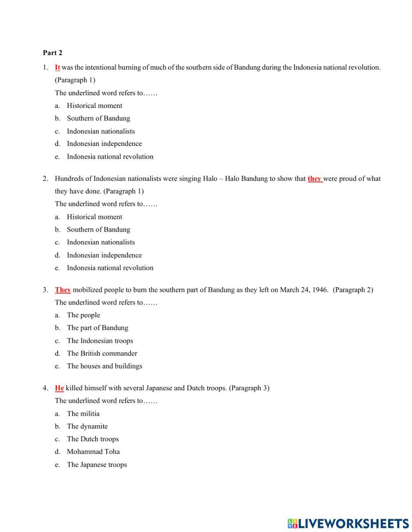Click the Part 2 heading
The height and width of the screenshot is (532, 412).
pyautogui.click(x=52, y=53)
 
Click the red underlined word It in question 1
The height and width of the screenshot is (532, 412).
pyautogui.click(x=57, y=68)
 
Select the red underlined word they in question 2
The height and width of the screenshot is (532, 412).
pyautogui.click(x=314, y=179)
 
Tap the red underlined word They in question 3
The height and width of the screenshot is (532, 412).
pyautogui.click(x=63, y=290)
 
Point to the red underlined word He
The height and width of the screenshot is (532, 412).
pyautogui.click(x=59, y=388)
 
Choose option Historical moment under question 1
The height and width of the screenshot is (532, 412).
pyautogui.click(x=94, y=106)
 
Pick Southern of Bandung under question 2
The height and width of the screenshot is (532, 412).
pyautogui.click(x=98, y=230)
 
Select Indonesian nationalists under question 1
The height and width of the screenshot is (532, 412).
pyautogui.click(x=101, y=131)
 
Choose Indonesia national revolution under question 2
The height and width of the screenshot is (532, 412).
pyautogui.click(x=110, y=268)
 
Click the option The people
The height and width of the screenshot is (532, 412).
pyautogui.click(x=83, y=315)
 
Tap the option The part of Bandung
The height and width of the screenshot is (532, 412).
pyautogui.click(x=98, y=328)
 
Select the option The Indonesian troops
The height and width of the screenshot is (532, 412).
pyautogui.click(x=100, y=341)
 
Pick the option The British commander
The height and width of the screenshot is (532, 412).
pyautogui.click(x=102, y=354)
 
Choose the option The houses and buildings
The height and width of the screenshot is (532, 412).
pyautogui.click(x=104, y=366)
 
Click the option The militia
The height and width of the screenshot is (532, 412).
pyautogui.click(x=83, y=414)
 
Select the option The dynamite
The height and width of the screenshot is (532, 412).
pyautogui.click(x=87, y=427)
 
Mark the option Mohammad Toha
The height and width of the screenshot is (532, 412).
pyautogui.click(x=93, y=452)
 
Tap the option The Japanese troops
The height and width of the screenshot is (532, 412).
pyautogui.click(x=97, y=465)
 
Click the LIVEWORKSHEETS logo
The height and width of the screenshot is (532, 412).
pyautogui.click(x=348, y=523)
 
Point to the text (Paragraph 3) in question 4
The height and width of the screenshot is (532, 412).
pyautogui.click(x=249, y=388)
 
